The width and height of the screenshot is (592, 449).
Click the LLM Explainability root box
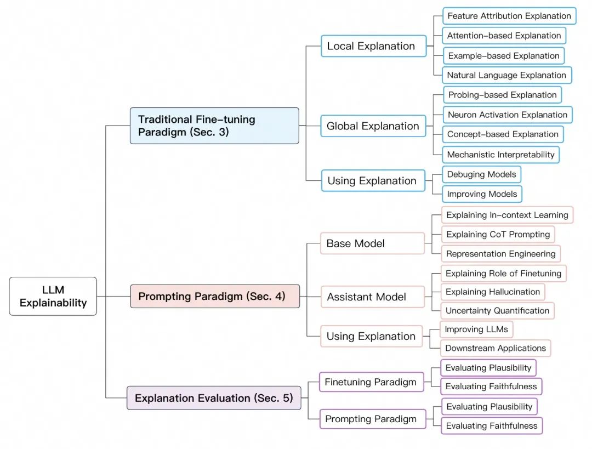(x=53, y=296)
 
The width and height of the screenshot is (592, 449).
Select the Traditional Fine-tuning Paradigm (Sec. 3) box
(x=214, y=126)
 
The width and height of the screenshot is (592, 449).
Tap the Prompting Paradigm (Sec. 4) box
(x=215, y=296)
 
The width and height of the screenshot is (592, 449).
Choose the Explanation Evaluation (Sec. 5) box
(x=214, y=398)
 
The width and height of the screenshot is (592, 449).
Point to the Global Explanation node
(x=373, y=126)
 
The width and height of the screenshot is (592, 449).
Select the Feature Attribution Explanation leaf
(x=509, y=16)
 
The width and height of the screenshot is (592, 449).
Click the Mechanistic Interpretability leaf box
(x=501, y=155)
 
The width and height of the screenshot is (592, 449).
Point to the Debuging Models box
(x=481, y=174)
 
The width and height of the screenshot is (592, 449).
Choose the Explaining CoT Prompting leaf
(x=498, y=234)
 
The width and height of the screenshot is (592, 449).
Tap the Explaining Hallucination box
(x=493, y=292)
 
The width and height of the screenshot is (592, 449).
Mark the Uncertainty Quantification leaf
(x=497, y=310)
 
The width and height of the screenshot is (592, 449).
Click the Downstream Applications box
(x=496, y=348)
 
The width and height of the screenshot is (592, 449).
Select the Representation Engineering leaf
(x=500, y=254)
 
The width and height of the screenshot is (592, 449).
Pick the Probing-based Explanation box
(x=502, y=95)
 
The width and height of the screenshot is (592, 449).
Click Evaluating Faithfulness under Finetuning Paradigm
(x=491, y=387)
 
